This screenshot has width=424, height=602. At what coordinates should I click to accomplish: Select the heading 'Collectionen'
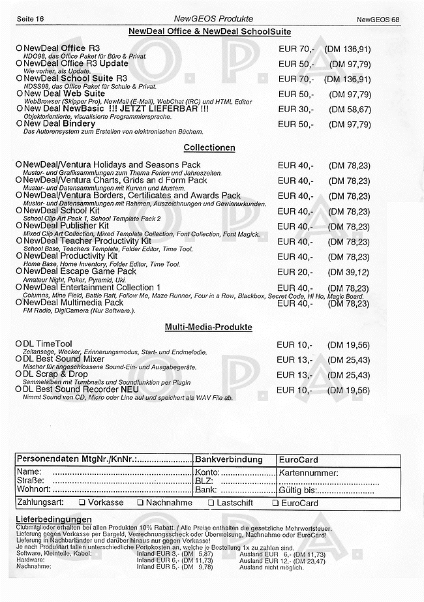pos(209,148)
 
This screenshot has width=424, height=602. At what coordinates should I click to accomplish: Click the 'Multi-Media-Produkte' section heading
pos(209,327)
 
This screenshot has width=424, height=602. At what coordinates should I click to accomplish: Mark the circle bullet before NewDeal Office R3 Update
pos(19,63)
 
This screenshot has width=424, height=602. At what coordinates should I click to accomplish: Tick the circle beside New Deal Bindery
pos(19,124)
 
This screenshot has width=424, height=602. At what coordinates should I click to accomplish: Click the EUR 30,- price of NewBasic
pos(295,109)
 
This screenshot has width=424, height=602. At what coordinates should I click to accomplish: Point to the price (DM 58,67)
pos(349,109)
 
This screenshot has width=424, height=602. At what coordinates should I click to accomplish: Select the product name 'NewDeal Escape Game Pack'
pos(80,271)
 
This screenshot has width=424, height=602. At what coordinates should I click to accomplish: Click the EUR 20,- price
pos(295,273)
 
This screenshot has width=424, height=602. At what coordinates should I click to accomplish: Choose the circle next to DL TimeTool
pos(19,344)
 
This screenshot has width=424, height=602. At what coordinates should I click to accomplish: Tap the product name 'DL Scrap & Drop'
pos(55,374)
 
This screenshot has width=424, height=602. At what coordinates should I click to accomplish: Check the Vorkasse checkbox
pos(82,503)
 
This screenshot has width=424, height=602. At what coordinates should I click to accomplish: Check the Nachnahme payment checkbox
pos(140,503)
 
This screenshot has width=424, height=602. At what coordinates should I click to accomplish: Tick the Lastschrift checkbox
pos(211,503)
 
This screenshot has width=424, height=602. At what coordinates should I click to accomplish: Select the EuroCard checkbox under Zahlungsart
pos(275,503)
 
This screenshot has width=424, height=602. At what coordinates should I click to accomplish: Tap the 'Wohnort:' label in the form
pos(33,489)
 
